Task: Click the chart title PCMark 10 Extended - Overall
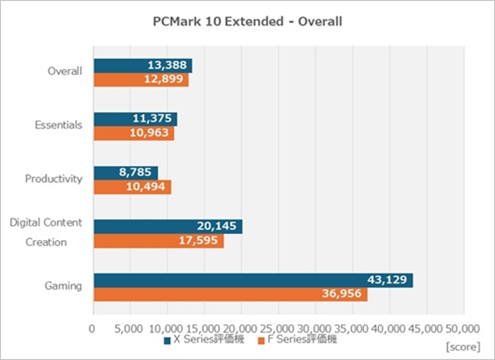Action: pos(247,22)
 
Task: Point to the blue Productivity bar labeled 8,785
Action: pos(126,173)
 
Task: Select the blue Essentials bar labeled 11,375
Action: pos(135,119)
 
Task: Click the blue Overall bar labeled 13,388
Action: pos(142,65)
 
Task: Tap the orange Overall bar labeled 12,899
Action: pos(140,80)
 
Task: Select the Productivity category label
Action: pos(54,179)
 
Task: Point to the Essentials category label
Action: pos(58,125)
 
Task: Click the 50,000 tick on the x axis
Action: pos(463,327)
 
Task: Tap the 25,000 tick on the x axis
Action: pos(277,327)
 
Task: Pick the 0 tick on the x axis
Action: pos(93,327)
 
